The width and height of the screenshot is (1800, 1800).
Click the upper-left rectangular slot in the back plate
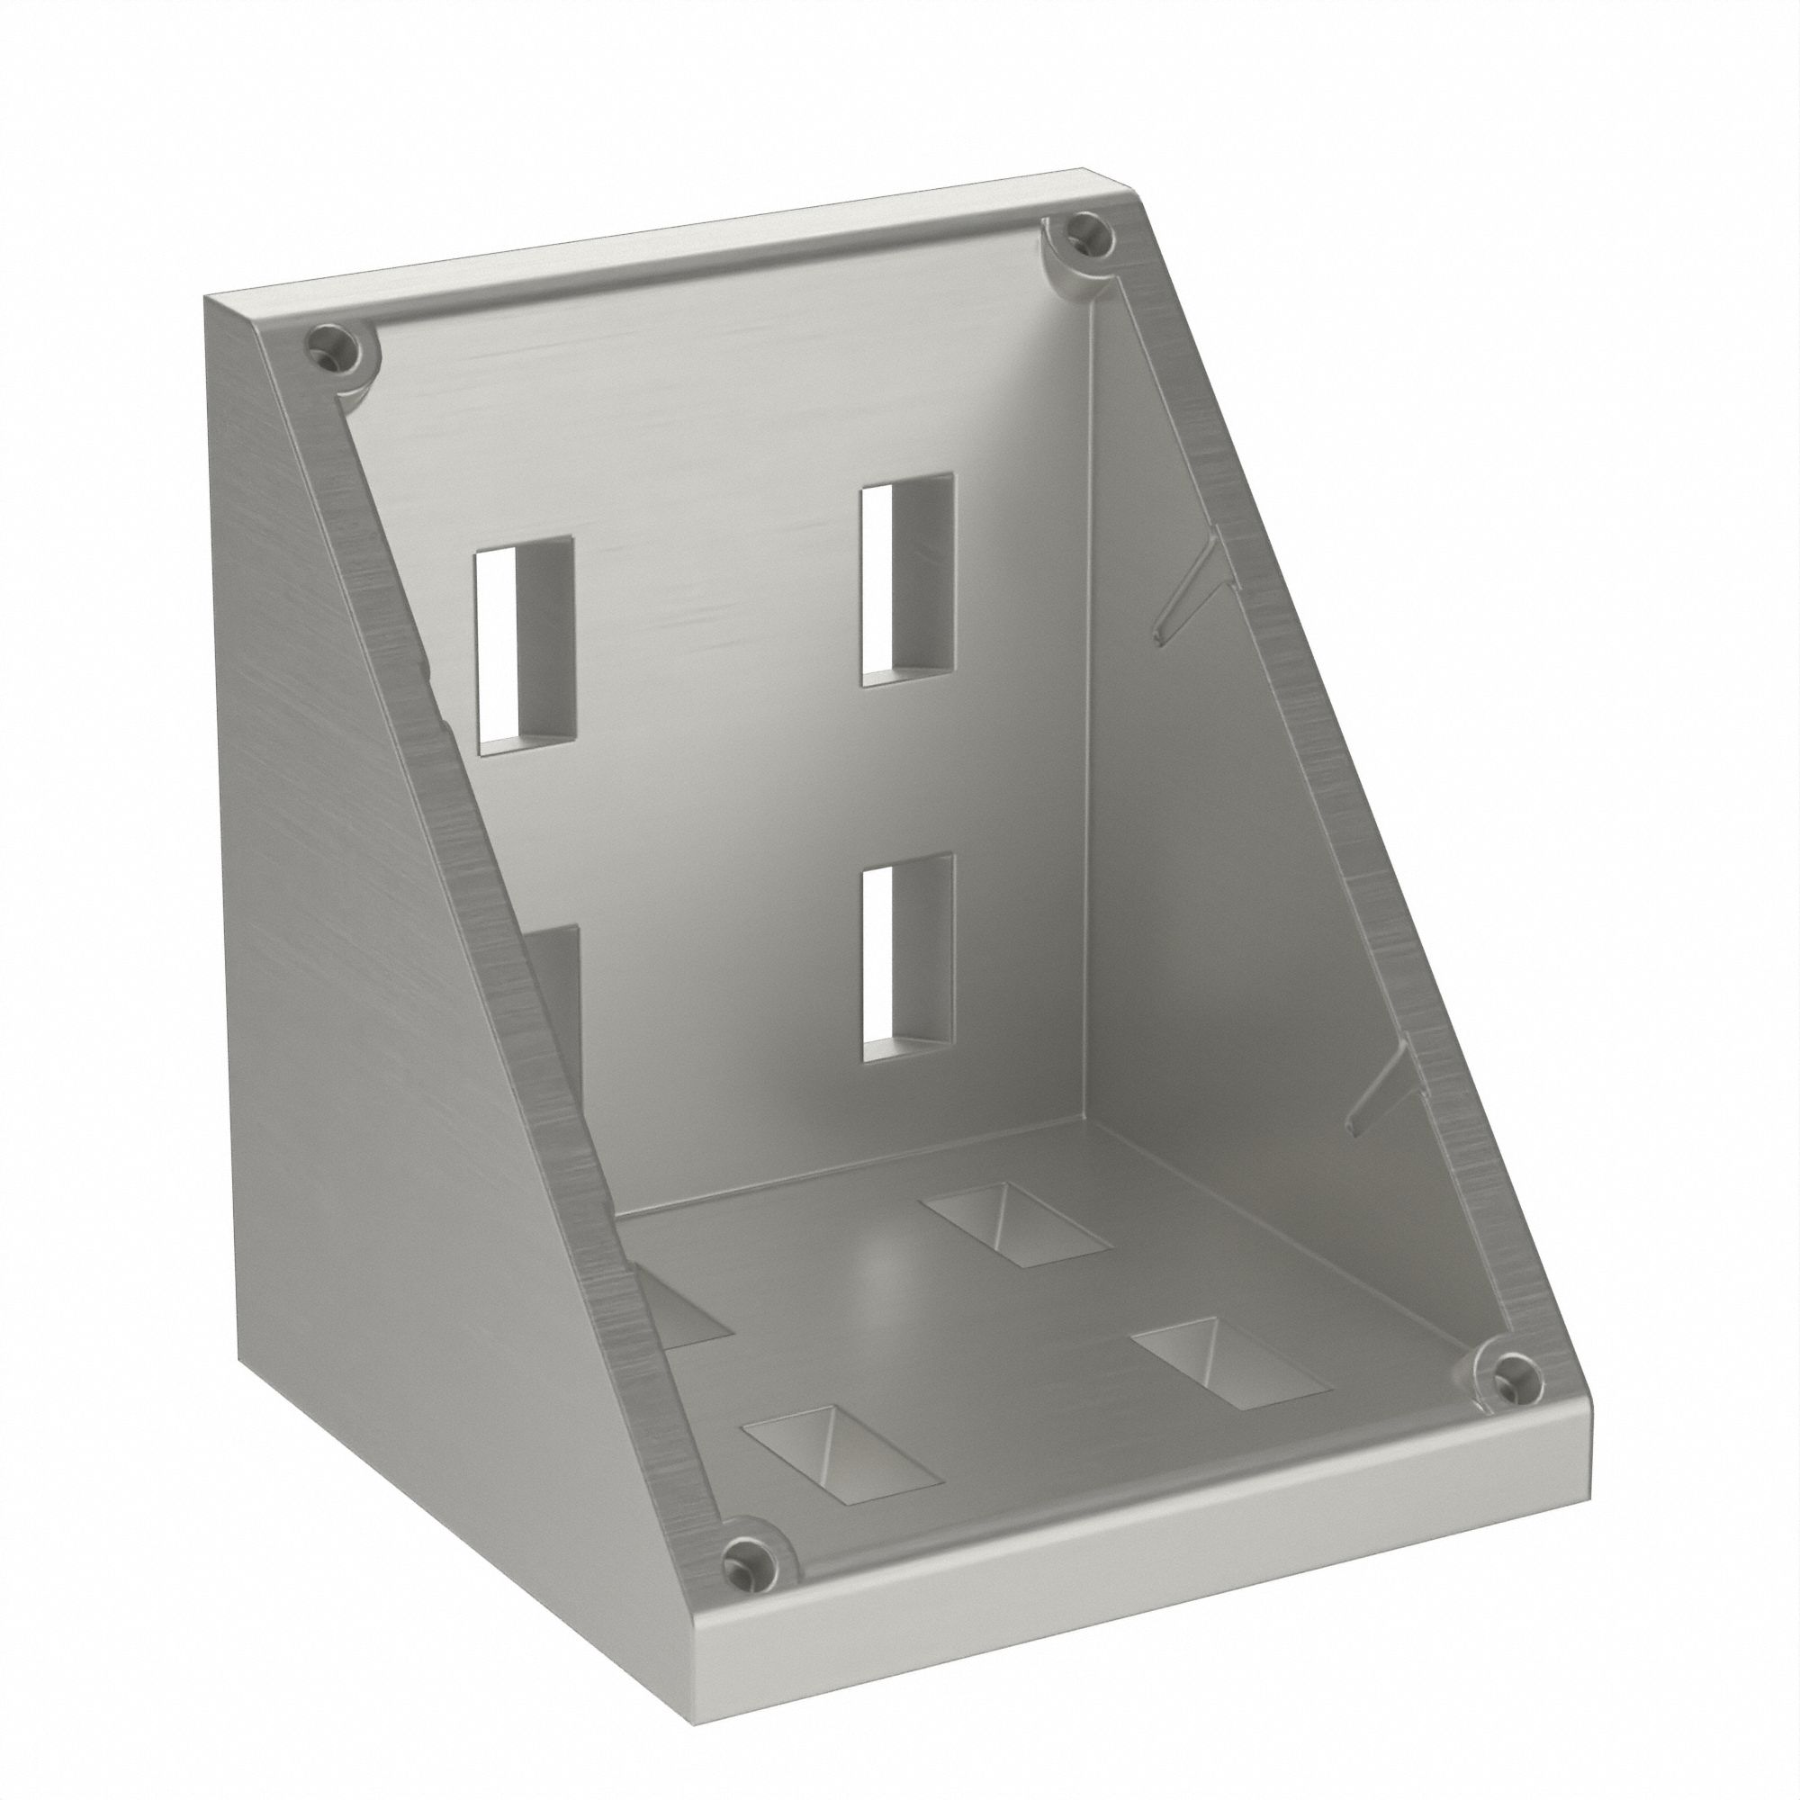coord(525,643)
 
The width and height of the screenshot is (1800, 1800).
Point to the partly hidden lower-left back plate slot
coord(559,1006)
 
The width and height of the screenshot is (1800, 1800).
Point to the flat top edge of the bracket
coord(652,252)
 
